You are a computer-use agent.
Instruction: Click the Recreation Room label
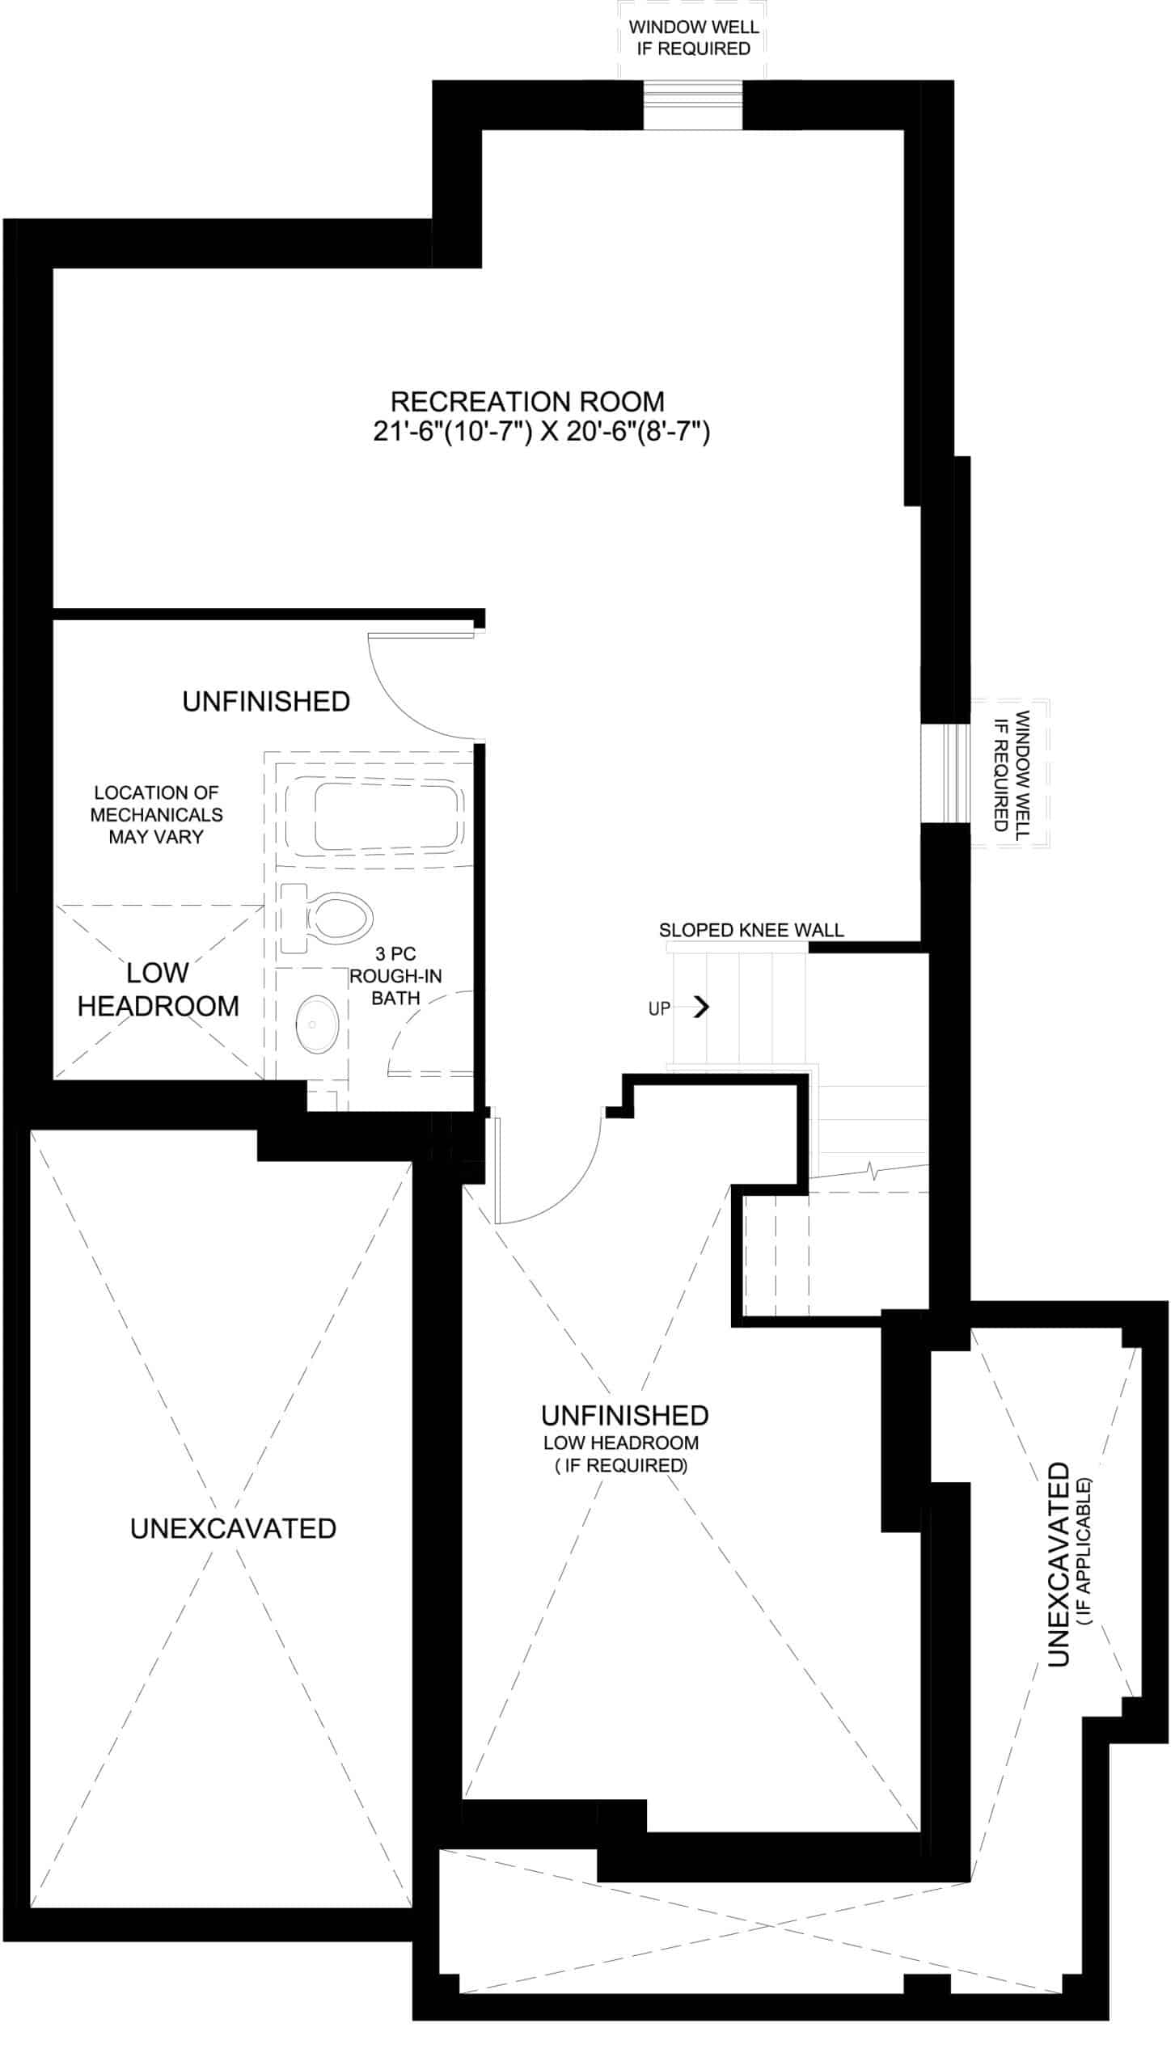527,402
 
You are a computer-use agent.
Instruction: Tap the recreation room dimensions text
541,432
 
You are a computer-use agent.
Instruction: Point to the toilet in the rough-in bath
326,919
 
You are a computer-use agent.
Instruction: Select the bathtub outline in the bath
375,816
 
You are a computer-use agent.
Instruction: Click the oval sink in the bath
316,1024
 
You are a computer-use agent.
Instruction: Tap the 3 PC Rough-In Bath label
395,976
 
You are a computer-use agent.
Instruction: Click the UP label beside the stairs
659,1008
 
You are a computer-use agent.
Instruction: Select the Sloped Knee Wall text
751,930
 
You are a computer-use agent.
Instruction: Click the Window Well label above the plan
694,37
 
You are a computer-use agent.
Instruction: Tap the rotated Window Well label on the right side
1012,771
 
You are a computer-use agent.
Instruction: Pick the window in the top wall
693,104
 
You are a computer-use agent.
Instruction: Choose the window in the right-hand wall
946,773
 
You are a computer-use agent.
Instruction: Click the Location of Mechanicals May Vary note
156,814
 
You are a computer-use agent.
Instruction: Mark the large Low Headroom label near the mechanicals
158,989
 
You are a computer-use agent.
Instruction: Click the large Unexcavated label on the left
233,1528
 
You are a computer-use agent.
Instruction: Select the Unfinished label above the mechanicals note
266,701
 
